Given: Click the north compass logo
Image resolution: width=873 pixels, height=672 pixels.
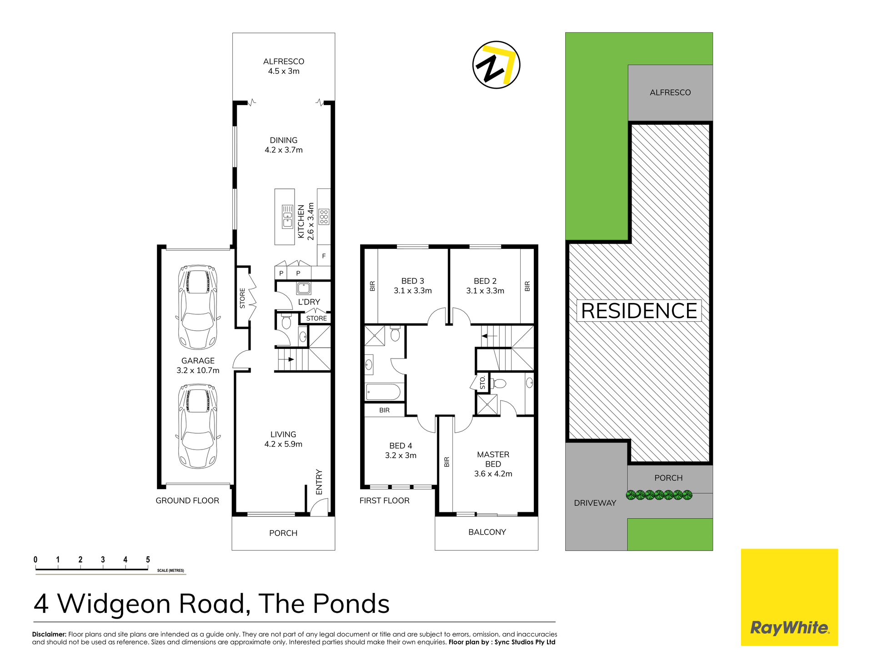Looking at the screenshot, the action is [496, 65].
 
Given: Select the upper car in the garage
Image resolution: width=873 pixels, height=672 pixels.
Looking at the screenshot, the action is [198, 307].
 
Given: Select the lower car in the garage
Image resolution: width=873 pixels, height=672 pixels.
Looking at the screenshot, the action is [198, 426].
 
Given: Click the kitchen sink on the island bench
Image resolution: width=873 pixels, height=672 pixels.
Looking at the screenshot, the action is [287, 217].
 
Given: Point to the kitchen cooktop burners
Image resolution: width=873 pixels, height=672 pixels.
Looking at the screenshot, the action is [324, 217].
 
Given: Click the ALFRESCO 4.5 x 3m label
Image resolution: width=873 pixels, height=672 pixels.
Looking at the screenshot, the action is [284, 66].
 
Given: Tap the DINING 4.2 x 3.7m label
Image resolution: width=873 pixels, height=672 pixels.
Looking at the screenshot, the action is [284, 145].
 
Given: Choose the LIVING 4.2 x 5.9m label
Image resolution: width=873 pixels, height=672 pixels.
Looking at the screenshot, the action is [283, 439].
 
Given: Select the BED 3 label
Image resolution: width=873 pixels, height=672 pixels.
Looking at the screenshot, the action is [413, 281].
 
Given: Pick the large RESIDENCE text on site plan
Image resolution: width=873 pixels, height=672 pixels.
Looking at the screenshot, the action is [639, 311].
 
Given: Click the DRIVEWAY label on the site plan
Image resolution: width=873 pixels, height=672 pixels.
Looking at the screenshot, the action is [595, 503].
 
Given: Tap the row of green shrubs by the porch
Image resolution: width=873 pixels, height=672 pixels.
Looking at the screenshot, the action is [659, 495].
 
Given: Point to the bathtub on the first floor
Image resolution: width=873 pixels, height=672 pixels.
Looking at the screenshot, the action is [383, 392].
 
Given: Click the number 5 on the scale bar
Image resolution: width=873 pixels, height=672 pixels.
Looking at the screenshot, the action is [148, 560].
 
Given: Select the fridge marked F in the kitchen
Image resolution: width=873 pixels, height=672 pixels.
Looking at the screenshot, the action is [324, 257].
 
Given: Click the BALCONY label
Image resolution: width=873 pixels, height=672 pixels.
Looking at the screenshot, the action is [487, 532].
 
